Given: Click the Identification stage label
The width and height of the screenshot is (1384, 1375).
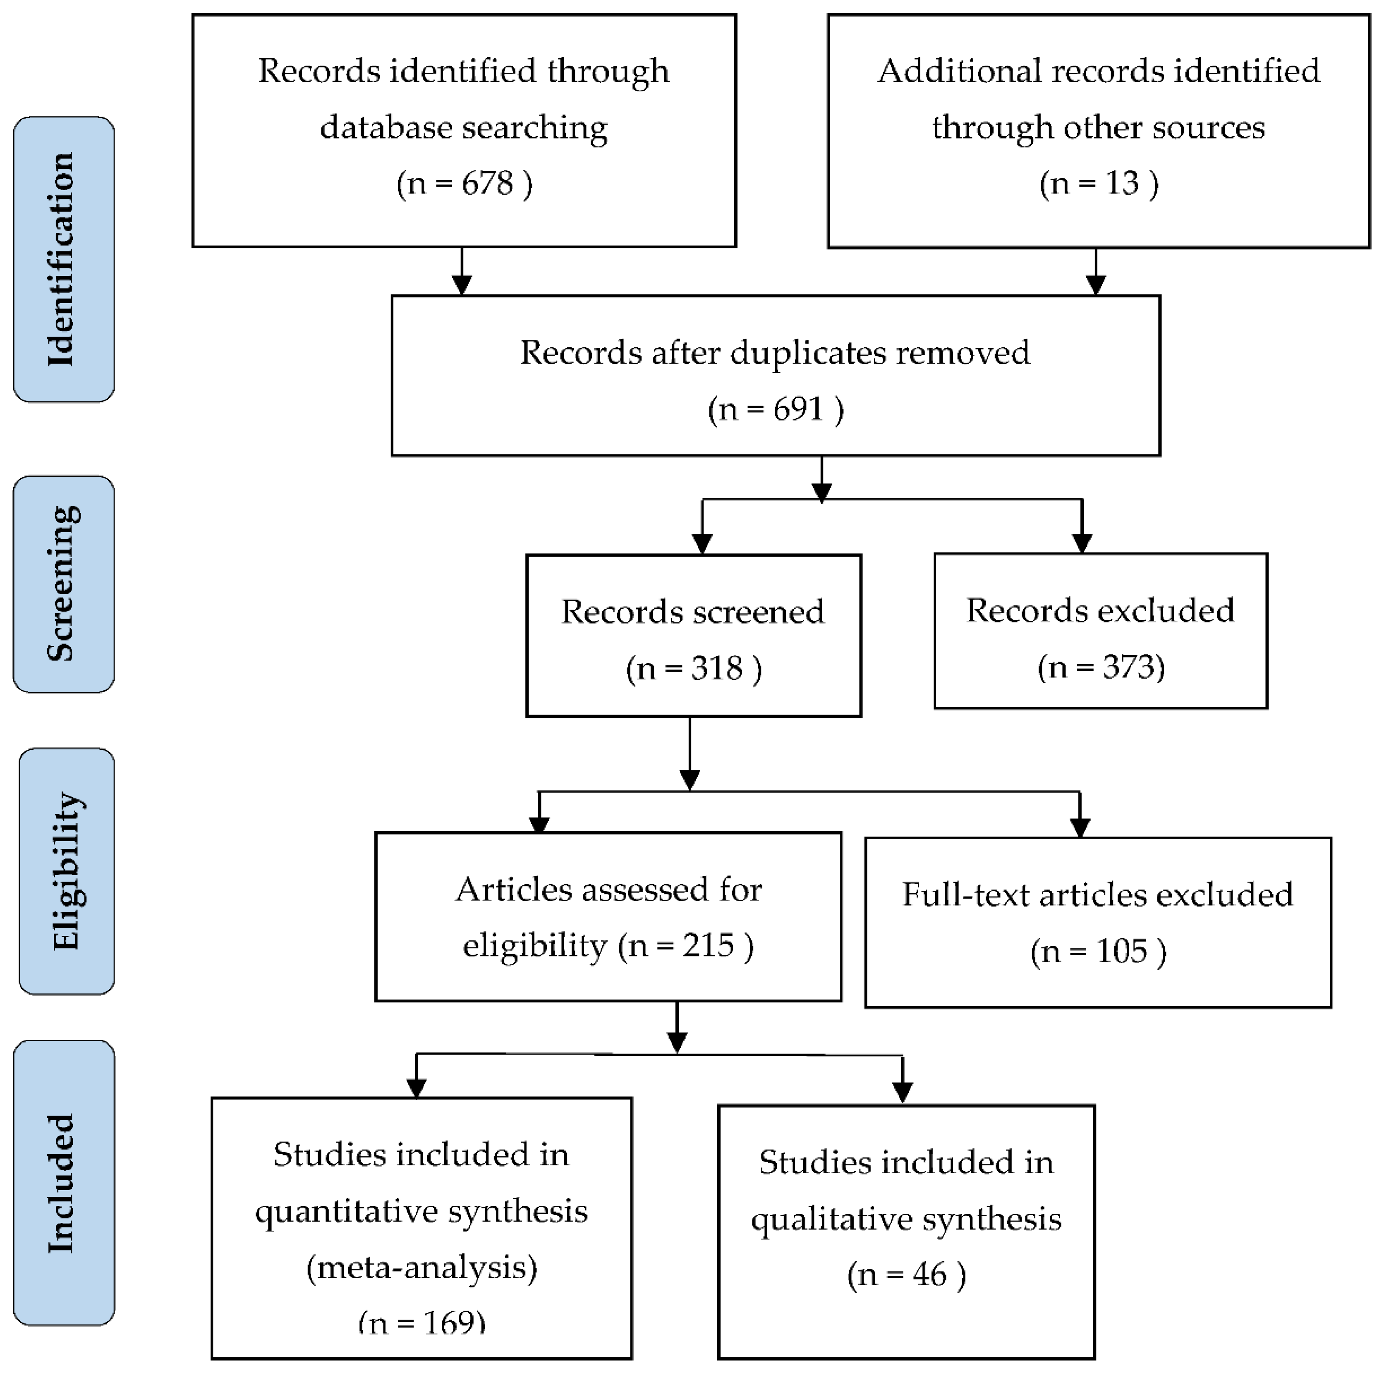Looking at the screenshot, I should (63, 259).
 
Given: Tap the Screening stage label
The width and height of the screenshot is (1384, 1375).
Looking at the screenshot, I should (63, 583).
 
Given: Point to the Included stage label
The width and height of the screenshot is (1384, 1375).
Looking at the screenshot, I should (63, 1183).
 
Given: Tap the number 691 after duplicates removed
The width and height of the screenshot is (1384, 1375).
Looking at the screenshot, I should (798, 409).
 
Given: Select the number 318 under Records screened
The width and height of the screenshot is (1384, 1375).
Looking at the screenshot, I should (716, 668).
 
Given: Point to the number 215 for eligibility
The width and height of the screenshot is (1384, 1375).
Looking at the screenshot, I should (708, 945).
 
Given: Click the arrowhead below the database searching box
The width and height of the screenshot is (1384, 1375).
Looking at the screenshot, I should (462, 285).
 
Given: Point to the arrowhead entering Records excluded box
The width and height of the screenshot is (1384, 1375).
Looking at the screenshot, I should (1082, 543).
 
